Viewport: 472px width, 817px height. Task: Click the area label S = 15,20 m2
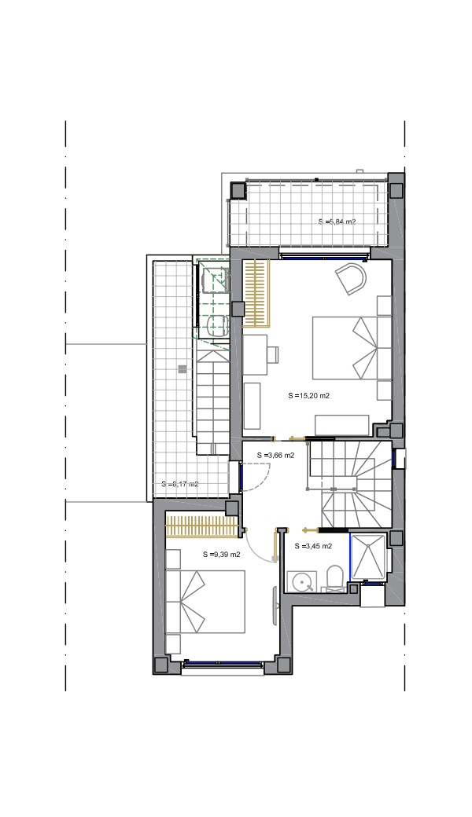coord(308,395)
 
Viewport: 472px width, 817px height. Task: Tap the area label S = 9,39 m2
coord(222,555)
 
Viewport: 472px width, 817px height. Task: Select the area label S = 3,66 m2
coord(276,455)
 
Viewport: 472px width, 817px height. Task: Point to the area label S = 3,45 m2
coord(313,546)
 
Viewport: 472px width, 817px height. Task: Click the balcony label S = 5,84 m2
coord(337,222)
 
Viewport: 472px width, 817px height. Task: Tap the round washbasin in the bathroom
coord(301,581)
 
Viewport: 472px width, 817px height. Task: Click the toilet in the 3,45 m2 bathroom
coord(334,580)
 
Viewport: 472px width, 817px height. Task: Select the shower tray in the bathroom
coord(369,556)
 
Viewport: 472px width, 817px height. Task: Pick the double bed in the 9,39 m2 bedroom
coord(205,602)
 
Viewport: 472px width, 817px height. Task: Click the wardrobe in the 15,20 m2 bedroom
coord(256,293)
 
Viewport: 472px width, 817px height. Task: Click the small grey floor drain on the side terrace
coord(182,369)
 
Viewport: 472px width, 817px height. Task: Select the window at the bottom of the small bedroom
coord(222,663)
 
